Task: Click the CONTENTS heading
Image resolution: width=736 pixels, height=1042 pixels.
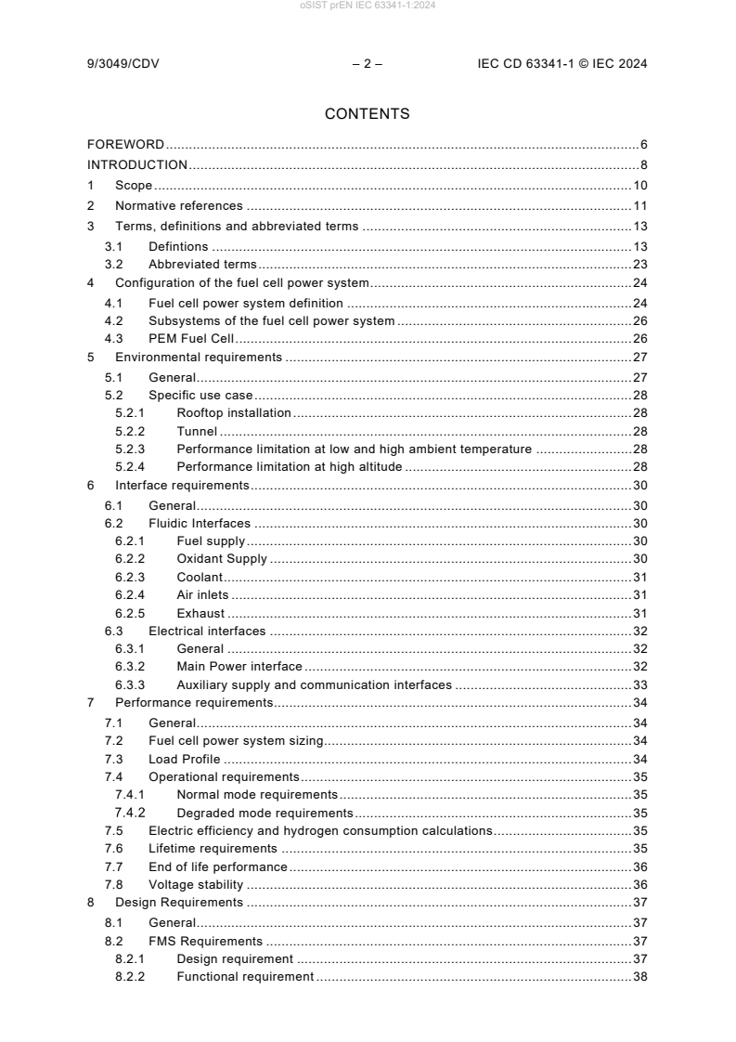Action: click(x=368, y=114)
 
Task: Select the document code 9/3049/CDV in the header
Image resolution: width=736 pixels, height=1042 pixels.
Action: click(x=125, y=64)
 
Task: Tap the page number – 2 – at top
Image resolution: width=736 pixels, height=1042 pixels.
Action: click(x=368, y=64)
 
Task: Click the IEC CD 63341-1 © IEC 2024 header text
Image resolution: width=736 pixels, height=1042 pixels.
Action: click(x=562, y=64)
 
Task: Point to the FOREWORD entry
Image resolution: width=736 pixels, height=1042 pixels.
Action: click(x=126, y=144)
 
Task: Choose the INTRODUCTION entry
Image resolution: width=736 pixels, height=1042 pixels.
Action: click(x=137, y=164)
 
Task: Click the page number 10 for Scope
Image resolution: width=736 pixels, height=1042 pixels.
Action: click(x=639, y=186)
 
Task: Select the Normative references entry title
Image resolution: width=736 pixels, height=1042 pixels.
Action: click(x=178, y=206)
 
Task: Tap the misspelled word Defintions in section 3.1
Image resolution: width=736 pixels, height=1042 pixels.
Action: click(x=178, y=247)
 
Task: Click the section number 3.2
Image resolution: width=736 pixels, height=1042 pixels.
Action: click(x=113, y=264)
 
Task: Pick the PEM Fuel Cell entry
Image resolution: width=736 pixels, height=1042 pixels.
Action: click(x=191, y=339)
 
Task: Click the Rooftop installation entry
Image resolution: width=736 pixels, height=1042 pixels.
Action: click(x=234, y=411)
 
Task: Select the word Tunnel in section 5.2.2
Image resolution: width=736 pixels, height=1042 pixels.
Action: click(x=197, y=432)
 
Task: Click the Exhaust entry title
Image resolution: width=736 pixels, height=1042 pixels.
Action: click(x=201, y=613)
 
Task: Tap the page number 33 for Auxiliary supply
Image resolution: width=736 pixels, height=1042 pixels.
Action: click(x=639, y=685)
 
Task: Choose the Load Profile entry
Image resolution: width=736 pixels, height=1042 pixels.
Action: click(x=185, y=759)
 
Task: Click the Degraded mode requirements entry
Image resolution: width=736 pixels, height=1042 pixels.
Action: click(x=257, y=813)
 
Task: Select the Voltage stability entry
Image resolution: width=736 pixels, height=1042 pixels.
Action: click(x=196, y=884)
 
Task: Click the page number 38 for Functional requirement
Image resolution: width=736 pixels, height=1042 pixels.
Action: click(x=639, y=977)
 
